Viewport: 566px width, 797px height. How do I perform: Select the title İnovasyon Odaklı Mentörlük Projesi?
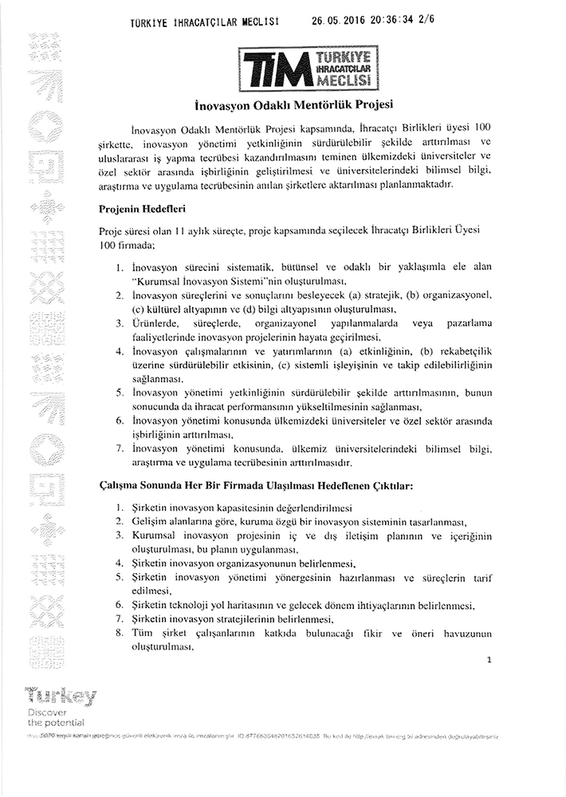pos(307,104)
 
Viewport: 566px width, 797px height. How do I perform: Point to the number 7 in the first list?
pos(119,450)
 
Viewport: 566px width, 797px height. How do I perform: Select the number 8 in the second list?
pos(119,633)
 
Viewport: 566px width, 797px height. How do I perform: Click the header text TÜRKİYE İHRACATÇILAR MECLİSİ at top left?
pos(205,23)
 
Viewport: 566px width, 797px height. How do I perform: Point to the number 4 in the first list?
pos(119,351)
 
